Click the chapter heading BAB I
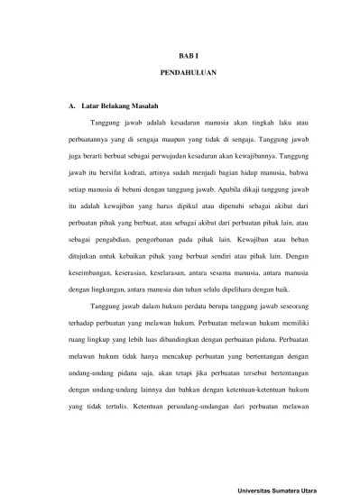tap(180, 56)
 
